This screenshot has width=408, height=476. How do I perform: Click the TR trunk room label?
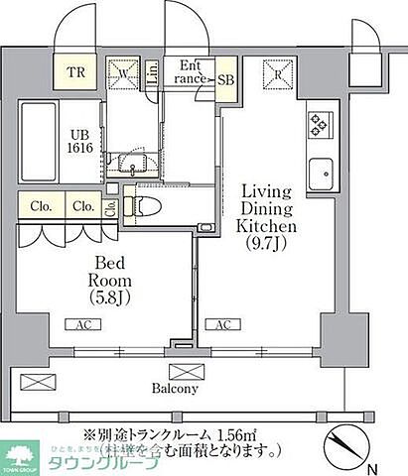coord(75,71)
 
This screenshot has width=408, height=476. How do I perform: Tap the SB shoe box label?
coord(226,80)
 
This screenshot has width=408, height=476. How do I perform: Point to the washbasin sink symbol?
coord(134,161)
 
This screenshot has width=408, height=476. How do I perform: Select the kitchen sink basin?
coord(322,176)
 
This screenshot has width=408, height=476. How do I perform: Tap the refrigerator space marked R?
coord(277,72)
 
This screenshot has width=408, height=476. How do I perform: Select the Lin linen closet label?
coord(153,72)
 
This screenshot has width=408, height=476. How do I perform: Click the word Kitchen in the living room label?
coord(260,226)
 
